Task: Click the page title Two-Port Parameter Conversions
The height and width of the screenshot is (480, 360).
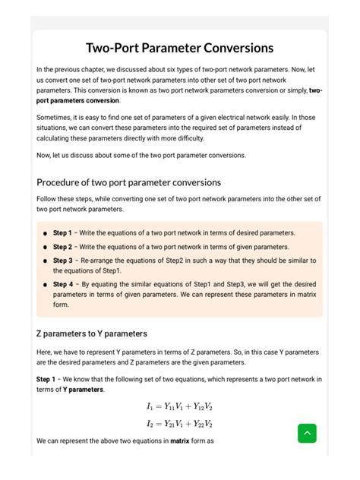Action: coord(179,48)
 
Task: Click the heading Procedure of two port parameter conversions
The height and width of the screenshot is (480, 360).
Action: coord(128,182)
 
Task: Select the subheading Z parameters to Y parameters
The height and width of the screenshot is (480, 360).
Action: coord(92,333)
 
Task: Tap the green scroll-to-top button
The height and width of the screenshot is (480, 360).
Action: coord(307,433)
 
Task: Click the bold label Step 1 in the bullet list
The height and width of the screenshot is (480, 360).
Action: coord(62,233)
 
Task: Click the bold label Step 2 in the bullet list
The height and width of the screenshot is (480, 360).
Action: coord(62,247)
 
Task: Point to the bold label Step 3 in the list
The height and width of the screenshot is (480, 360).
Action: coord(62,261)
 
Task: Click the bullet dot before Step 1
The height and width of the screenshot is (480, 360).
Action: coord(46,233)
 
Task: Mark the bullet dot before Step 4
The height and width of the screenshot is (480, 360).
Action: coord(46,285)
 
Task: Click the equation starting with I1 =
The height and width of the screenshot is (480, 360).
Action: coord(179,406)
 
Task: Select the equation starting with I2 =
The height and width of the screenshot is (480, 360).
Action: coord(179,424)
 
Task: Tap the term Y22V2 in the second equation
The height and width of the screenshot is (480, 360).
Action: coord(202,424)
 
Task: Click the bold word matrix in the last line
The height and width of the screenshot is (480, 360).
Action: coord(179,441)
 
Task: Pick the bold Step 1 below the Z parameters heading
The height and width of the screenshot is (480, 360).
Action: coord(46,379)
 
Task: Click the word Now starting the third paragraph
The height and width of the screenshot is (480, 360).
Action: coord(43,155)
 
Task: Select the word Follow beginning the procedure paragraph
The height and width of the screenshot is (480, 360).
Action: coord(46,199)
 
